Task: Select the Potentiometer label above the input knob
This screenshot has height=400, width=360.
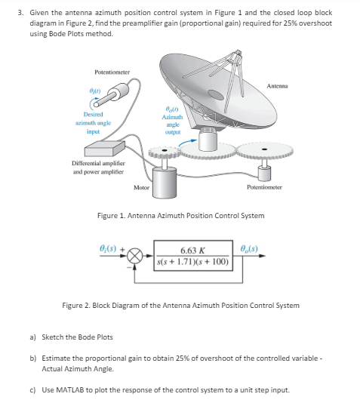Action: click(112, 71)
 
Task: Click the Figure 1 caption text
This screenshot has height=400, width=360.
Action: click(181, 215)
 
